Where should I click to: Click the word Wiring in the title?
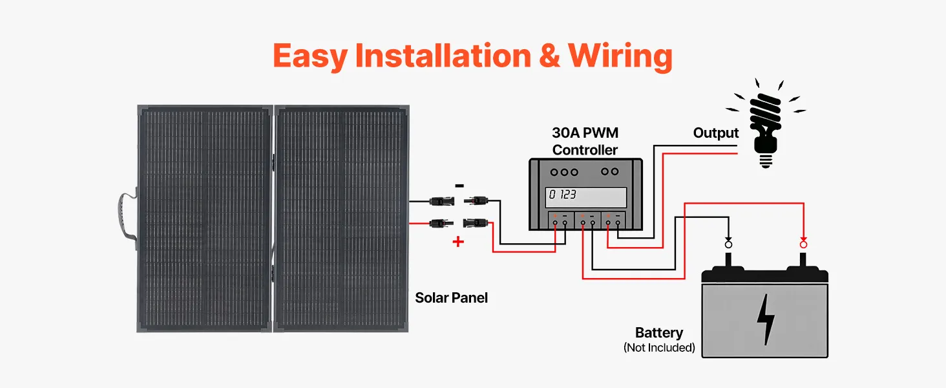pos(620,56)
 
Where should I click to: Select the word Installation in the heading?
pos(434,56)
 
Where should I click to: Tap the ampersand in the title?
pos(548,56)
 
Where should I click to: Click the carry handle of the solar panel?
pos(126,219)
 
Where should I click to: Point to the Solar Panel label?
pos(451,298)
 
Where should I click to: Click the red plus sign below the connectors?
pos(458,242)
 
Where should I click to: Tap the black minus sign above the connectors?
pos(459,186)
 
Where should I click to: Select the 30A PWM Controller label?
pos(585,142)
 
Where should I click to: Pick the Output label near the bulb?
pos(715,133)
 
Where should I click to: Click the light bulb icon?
pos(765,123)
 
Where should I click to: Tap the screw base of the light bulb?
pos(766,158)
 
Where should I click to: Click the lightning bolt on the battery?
pos(766,319)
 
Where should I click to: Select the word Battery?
pos(659,333)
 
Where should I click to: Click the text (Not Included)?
pos(659,348)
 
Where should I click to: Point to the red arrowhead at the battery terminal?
pos(803,236)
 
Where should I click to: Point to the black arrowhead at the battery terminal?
pos(729,236)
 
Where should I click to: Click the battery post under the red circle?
pos(803,259)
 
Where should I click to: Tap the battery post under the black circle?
pos(729,259)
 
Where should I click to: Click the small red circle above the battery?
pos(803,244)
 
